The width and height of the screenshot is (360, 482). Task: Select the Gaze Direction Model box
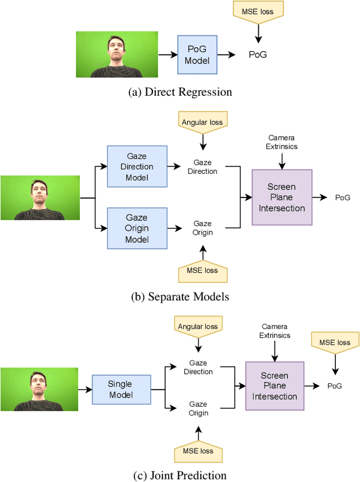pyautogui.click(x=137, y=166)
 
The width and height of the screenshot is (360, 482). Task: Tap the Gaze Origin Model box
pyautogui.click(x=137, y=228)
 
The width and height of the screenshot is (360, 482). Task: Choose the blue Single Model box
pyautogui.click(x=120, y=389)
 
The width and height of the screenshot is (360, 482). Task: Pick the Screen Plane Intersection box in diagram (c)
pyautogui.click(x=274, y=386)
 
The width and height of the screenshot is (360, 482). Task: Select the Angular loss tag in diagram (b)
pyautogui.click(x=202, y=121)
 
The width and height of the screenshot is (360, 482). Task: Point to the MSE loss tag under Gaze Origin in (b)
pyautogui.click(x=202, y=271)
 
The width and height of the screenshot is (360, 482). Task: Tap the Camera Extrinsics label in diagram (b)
pyautogui.click(x=282, y=142)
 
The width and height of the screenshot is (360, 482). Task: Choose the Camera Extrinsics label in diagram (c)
pyautogui.click(x=274, y=331)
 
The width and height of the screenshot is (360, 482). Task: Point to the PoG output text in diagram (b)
pyautogui.click(x=343, y=197)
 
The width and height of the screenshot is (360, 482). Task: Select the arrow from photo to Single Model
pyautogui.click(x=85, y=389)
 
